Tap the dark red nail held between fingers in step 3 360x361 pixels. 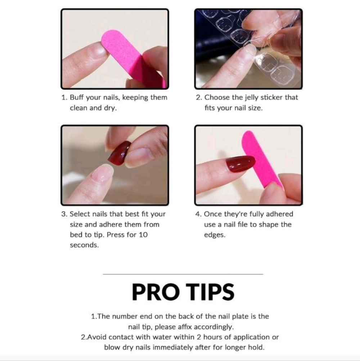(x=120, y=153)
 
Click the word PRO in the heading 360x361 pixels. (x=156, y=292)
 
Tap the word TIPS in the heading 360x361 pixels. (x=210, y=292)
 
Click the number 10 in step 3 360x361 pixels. (x=143, y=235)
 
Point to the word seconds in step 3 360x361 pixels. (x=84, y=245)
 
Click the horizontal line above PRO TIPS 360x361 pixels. (x=183, y=274)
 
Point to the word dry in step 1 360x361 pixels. (x=110, y=108)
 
